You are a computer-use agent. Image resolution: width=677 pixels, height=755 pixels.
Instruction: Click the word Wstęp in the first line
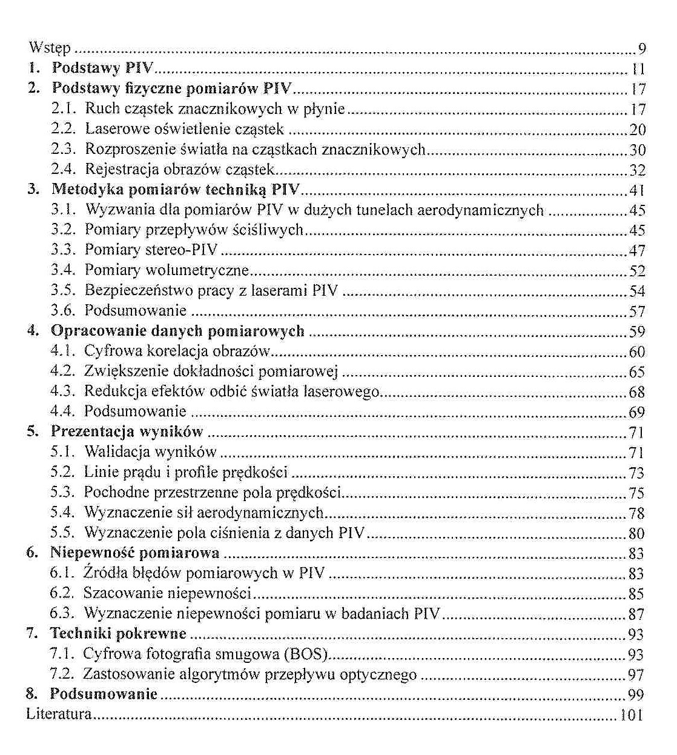tap(50, 48)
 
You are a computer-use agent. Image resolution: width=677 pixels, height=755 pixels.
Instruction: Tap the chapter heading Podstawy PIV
tap(102, 68)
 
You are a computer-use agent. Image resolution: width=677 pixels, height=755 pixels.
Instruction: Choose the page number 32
tap(638, 170)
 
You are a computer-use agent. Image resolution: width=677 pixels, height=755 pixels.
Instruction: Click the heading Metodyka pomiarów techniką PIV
tap(176, 189)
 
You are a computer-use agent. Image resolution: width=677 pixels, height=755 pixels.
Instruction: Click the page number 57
tap(638, 311)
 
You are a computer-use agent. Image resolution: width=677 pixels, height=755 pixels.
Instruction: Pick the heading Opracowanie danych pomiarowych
tap(177, 331)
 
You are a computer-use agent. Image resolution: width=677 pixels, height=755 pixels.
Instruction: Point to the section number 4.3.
tap(63, 392)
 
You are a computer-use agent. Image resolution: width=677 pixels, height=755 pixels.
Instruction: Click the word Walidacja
tap(116, 452)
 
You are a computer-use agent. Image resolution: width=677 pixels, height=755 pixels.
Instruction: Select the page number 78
tap(637, 514)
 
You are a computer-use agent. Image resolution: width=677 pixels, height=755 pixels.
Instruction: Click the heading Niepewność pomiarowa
tap(135, 553)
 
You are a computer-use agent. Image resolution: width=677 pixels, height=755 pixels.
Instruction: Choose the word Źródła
tap(102, 573)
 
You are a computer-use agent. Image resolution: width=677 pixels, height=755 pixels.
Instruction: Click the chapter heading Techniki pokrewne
tap(118, 634)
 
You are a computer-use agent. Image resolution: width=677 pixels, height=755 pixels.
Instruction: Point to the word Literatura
tap(59, 714)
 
